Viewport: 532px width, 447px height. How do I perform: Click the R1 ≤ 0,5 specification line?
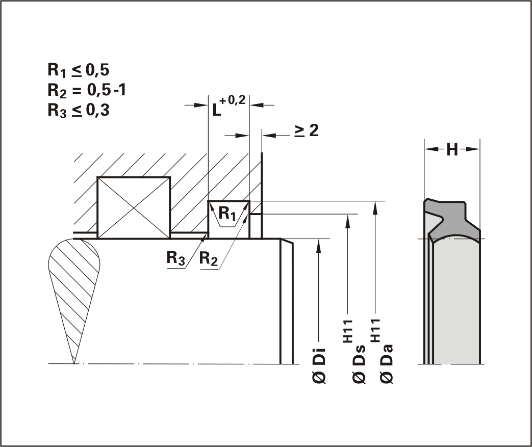click(79, 70)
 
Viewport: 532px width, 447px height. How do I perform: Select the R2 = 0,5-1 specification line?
click(87, 91)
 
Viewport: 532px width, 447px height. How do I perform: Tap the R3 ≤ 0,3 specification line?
click(79, 111)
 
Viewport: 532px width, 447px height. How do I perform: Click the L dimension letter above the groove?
click(216, 110)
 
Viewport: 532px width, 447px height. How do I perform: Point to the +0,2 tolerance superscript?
click(233, 100)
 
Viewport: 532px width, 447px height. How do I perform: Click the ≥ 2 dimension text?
click(307, 131)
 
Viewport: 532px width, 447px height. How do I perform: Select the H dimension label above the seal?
click(452, 149)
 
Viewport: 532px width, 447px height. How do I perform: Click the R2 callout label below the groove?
click(208, 258)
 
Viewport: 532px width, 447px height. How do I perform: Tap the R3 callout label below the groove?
click(176, 258)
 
